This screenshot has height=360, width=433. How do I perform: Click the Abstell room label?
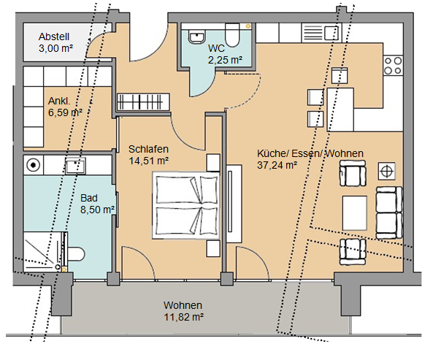[54, 37]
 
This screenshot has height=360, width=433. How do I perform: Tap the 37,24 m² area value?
[277, 165]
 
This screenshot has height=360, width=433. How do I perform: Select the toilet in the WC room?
[232, 35]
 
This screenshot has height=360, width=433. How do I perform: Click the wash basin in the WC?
[197, 37]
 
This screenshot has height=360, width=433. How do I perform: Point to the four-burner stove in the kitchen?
[393, 66]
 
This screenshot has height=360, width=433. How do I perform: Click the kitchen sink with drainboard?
[322, 33]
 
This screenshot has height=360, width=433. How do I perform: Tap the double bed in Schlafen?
[187, 205]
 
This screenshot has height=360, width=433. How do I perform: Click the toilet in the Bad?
[75, 254]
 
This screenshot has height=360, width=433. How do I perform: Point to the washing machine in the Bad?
[34, 165]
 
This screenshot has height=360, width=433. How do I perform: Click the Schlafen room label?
[148, 149]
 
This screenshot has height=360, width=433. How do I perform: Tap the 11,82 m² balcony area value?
[184, 317]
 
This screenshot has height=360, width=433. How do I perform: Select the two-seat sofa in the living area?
[388, 212]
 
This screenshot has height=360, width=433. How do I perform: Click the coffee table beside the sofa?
[355, 212]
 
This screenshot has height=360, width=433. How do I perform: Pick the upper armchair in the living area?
[353, 173]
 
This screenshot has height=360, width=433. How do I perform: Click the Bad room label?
[89, 198]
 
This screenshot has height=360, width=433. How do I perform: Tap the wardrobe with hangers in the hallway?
[143, 102]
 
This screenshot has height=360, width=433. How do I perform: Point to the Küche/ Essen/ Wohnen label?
[310, 153]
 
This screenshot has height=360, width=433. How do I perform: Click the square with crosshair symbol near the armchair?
[386, 172]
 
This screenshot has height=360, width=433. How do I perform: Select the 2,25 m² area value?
[226, 60]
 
